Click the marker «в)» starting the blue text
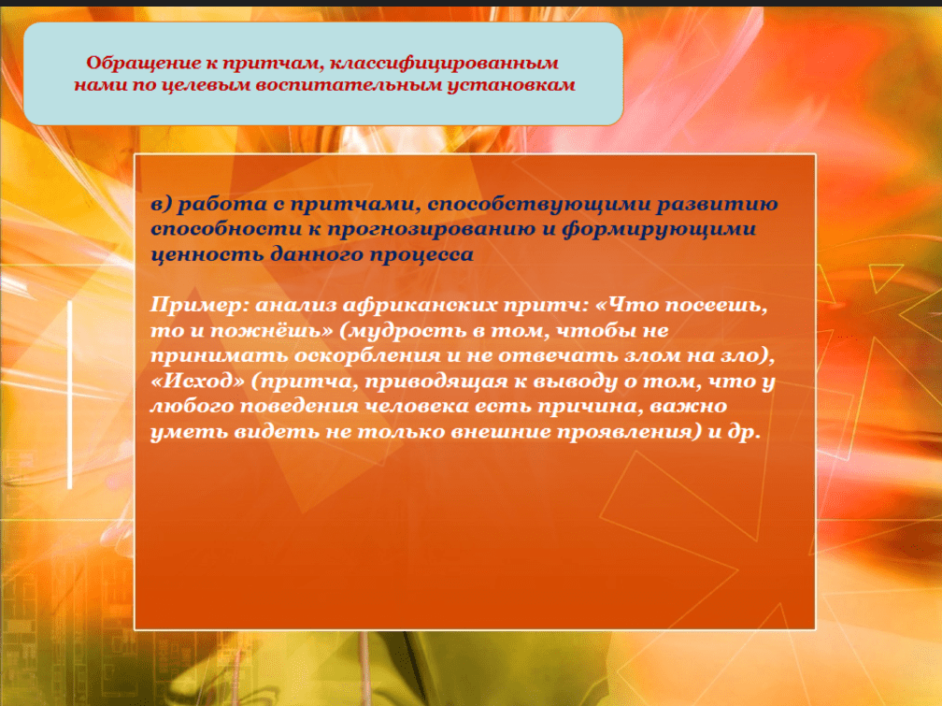161,204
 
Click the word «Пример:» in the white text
199,305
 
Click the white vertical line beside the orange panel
70,395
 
